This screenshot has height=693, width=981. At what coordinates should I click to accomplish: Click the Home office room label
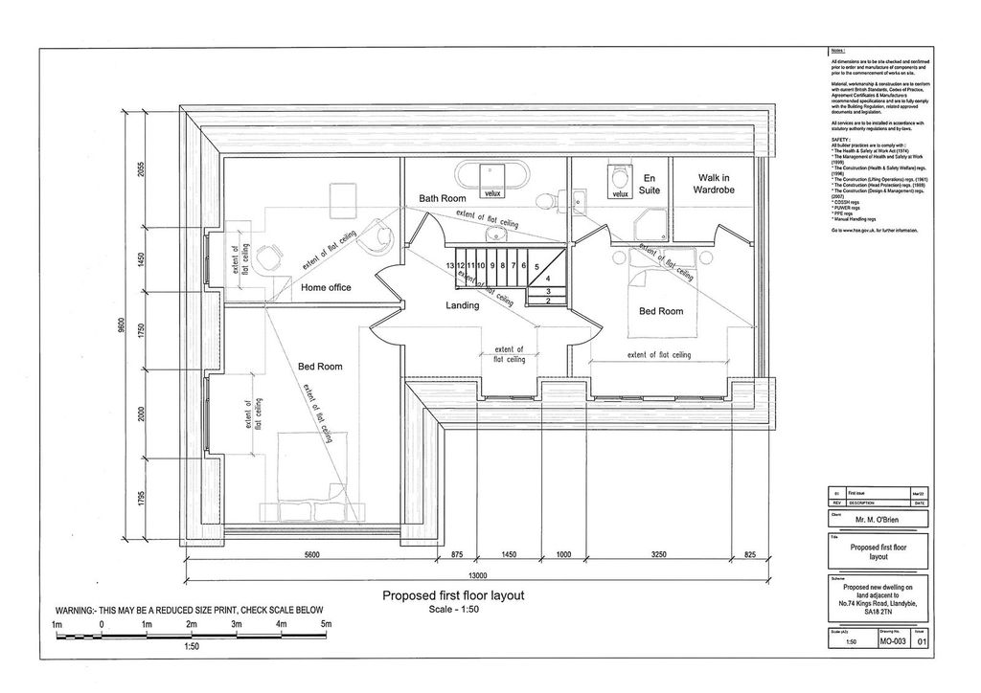tap(326, 287)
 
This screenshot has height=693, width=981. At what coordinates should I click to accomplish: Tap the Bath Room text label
tap(442, 198)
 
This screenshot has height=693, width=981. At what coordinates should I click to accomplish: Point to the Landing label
tap(462, 305)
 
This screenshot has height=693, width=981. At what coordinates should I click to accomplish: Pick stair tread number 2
tap(546, 301)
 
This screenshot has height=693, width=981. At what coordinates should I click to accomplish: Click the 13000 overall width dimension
tap(478, 575)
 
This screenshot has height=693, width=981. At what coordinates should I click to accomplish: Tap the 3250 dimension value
tap(659, 555)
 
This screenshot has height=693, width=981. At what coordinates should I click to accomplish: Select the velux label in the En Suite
tap(618, 194)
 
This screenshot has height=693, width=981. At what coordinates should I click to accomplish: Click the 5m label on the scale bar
tap(326, 625)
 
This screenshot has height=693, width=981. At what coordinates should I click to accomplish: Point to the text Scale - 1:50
tap(461, 609)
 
